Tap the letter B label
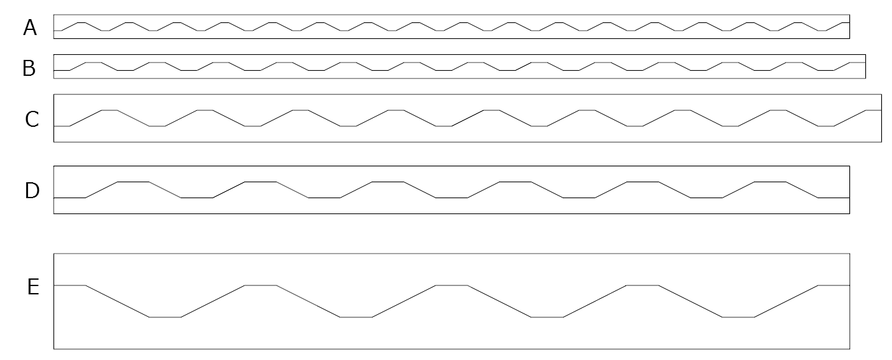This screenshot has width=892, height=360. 29,68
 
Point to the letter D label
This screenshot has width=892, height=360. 32,191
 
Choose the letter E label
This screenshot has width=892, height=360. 33,287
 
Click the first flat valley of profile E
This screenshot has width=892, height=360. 165,317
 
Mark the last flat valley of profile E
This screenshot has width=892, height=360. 738,317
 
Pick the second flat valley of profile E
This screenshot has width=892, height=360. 356,317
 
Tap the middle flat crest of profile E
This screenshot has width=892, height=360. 452,285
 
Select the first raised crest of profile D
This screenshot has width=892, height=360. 133,182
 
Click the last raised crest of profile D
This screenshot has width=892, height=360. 770,182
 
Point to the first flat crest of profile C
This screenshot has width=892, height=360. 110,110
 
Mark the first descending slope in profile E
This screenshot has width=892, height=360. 117,301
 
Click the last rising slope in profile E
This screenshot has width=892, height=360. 786,301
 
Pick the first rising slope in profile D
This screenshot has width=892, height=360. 101,190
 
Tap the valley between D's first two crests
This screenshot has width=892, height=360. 197,198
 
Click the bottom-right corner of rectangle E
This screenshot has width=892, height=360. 849,349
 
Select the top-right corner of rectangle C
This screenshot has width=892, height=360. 881,94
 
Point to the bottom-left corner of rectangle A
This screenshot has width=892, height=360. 54,38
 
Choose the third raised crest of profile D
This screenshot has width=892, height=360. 388,182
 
